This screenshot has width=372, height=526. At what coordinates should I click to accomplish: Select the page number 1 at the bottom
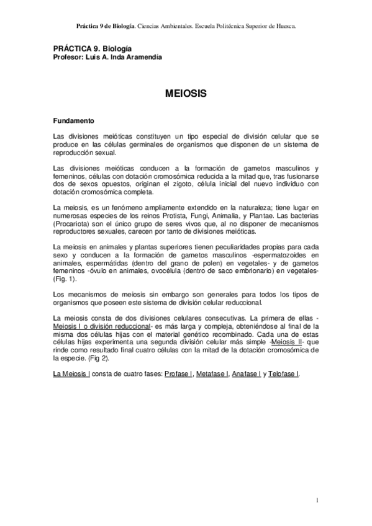(x=316, y=499)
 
